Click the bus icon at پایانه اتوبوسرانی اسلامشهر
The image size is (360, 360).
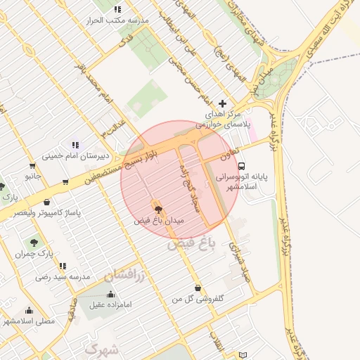(242, 167)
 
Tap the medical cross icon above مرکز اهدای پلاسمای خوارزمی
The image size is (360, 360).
(223, 103)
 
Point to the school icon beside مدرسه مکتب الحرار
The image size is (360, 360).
(117, 10)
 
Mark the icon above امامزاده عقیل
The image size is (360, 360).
(110, 294)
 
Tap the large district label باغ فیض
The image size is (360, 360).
(190, 245)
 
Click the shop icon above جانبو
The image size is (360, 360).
(65, 181)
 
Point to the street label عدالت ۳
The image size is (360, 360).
(111, 127)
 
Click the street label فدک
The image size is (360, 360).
(127, 42)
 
